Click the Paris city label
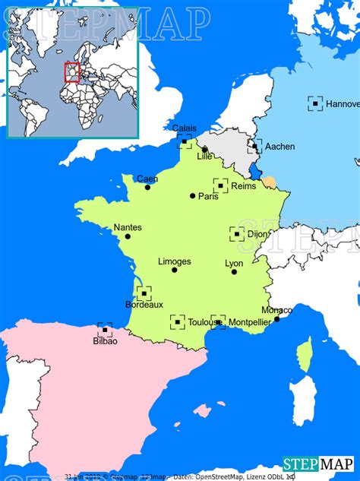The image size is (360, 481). click(209, 196)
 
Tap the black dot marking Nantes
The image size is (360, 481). click(128, 236)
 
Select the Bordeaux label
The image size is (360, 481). click(144, 305)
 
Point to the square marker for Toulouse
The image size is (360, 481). click(178, 322)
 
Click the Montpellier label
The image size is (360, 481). click(249, 322)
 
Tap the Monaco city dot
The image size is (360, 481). click(276, 318)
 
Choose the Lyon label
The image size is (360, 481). click(234, 264)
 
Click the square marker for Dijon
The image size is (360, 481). click(237, 234)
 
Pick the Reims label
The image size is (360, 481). click(244, 186)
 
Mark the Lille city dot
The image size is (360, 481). click(204, 150)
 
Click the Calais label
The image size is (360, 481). click(185, 128)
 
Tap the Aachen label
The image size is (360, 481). click(280, 147)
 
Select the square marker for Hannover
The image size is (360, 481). click(315, 103)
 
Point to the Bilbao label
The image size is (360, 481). click(106, 341)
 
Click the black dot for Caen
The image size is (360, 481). click(147, 187)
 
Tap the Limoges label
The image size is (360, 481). click(175, 261)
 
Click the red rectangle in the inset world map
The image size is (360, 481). click(72, 72)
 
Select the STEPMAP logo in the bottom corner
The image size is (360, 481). click(317, 464)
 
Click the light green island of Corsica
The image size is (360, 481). click(305, 355)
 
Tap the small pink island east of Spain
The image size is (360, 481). click(203, 410)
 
